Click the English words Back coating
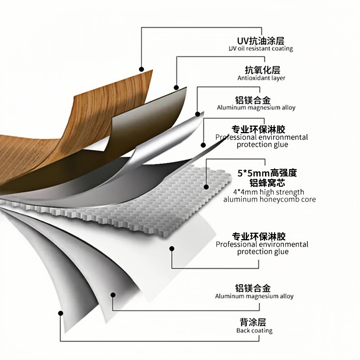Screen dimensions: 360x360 254,331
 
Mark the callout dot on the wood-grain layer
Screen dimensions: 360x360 141,69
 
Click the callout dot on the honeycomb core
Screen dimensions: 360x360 206,186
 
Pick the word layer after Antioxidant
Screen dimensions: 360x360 278,78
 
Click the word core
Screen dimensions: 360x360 309,199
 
